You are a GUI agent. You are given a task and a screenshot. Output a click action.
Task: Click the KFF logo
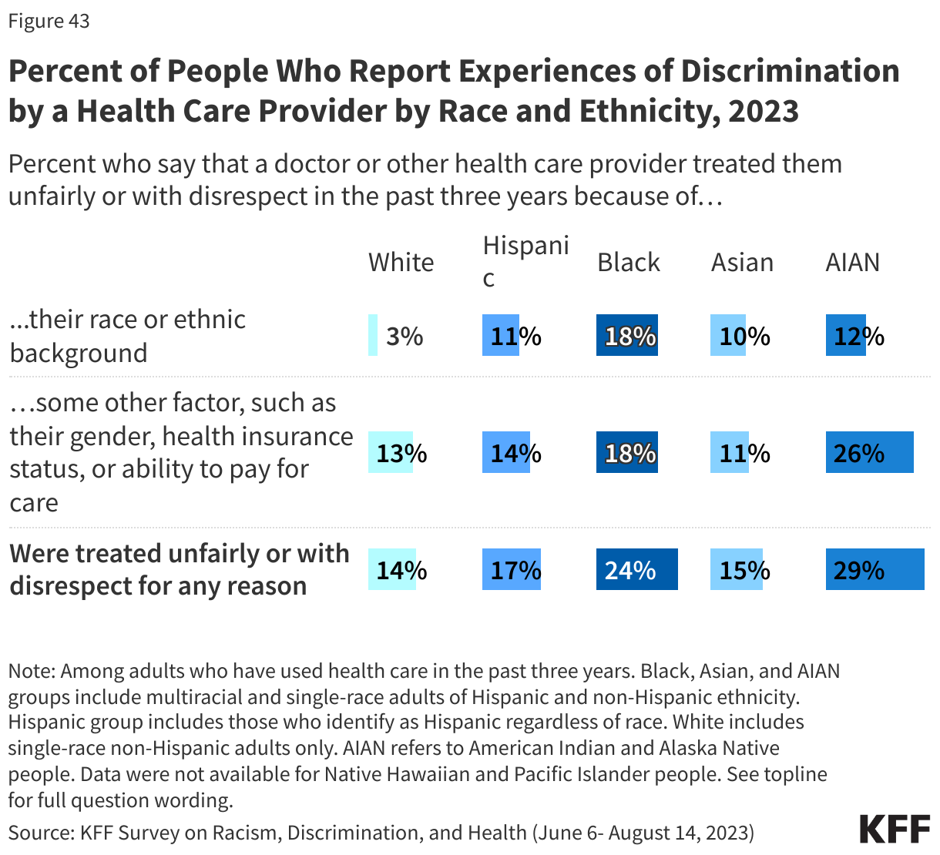coord(895,830)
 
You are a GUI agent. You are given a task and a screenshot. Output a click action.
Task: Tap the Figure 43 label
coord(49,21)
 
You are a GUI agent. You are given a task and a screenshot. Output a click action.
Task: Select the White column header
coord(401,263)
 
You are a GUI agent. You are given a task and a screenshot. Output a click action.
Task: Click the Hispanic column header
coord(525,261)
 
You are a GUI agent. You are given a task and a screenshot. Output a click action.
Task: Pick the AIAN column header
coord(852,263)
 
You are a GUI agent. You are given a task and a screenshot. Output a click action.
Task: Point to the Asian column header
coord(742,263)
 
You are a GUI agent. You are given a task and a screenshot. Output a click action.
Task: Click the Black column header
coord(629,263)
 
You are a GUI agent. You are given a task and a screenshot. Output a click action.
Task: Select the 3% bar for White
coord(373,335)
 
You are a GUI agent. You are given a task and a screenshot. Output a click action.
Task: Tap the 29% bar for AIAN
coord(875,569)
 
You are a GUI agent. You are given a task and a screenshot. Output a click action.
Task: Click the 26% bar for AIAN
coord(869,452)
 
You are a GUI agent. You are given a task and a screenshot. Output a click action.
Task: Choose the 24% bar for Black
coord(636,569)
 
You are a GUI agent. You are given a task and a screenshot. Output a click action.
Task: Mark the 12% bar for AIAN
coord(845,335)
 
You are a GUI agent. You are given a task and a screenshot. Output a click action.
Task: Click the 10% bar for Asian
coord(727,335)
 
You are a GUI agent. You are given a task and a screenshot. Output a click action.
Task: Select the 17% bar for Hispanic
coord(511,569)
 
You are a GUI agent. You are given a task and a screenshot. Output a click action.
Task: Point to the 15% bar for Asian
coord(736,569)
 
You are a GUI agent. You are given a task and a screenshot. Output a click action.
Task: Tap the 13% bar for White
coord(390,452)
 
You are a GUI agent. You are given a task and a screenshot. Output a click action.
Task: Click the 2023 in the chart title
coord(763,111)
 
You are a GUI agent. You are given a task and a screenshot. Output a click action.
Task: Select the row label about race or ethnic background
coord(127,336)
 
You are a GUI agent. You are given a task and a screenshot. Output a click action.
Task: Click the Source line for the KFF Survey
coord(381,833)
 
